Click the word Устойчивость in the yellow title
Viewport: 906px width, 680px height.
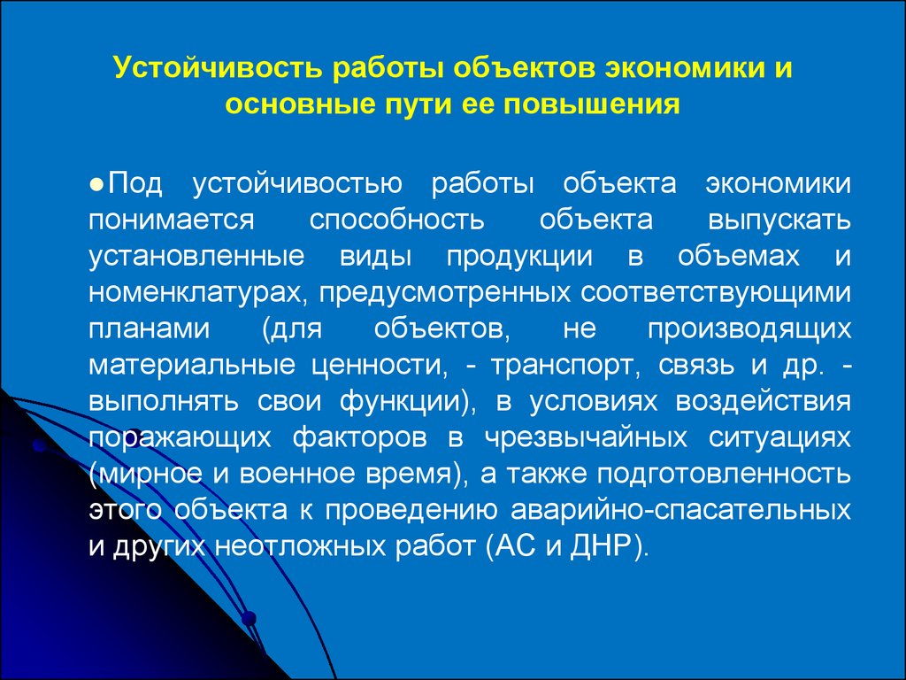pos(218,68)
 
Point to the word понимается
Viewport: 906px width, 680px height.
pos(172,220)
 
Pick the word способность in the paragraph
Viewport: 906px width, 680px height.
pos(396,220)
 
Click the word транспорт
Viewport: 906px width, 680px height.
pos(564,366)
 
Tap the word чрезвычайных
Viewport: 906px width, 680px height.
pos(586,438)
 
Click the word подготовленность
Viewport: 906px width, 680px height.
pos(724,475)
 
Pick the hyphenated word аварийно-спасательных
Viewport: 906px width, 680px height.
pos(680,511)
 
